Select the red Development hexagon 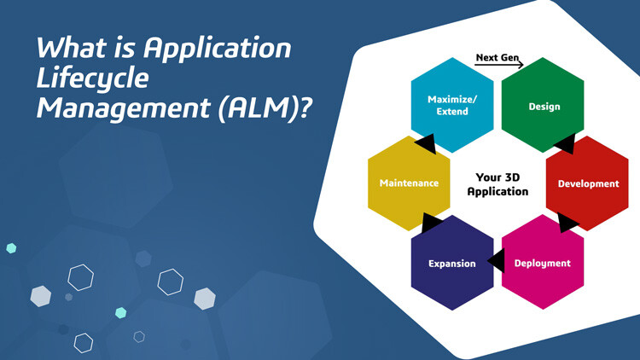tap(587, 183)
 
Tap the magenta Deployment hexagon tap(543, 262)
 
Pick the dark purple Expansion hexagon tap(452, 262)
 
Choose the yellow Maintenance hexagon tap(409, 183)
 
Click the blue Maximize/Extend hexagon tap(452, 104)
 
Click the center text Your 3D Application tap(497, 184)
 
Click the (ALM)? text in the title tap(256, 111)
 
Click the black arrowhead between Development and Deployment tap(567, 224)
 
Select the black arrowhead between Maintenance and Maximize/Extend tap(425, 145)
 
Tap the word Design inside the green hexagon tap(544, 107)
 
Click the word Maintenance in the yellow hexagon tap(409, 183)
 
